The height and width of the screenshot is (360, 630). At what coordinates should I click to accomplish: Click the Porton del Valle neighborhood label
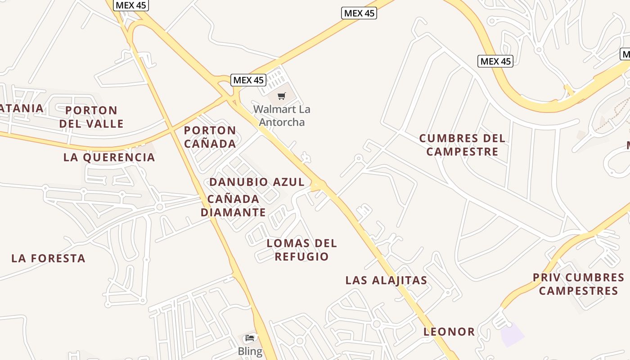(x=91, y=117)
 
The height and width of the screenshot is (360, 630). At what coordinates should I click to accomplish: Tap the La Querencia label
(x=109, y=157)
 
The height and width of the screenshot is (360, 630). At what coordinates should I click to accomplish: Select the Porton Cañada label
(x=210, y=137)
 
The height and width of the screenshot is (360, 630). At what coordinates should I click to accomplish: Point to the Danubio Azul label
(x=257, y=182)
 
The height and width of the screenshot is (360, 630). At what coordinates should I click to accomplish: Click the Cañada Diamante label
(x=233, y=206)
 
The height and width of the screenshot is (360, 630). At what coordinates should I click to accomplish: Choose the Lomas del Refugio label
(x=301, y=250)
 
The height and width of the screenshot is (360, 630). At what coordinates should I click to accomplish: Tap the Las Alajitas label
(x=386, y=280)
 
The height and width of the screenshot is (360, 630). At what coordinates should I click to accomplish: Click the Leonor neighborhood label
(x=449, y=332)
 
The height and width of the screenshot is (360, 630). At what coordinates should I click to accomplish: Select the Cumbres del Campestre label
(x=462, y=145)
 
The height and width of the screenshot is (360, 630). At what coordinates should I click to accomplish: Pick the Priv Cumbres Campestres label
(x=579, y=284)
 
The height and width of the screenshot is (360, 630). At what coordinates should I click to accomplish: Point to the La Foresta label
(x=48, y=258)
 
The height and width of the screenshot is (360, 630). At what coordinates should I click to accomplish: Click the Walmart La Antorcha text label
(x=282, y=116)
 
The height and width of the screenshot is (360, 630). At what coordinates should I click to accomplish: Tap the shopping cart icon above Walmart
(x=282, y=95)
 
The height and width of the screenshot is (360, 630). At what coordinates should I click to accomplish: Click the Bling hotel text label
(x=250, y=351)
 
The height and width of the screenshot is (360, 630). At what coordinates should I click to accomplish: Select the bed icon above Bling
(x=250, y=337)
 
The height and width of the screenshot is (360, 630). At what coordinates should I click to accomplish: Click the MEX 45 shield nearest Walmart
(x=248, y=80)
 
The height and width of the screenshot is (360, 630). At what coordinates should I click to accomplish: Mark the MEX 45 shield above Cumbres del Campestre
(x=495, y=61)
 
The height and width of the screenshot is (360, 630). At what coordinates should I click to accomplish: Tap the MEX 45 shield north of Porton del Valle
(x=131, y=5)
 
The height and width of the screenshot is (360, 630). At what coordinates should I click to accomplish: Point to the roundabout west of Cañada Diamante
(x=159, y=207)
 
